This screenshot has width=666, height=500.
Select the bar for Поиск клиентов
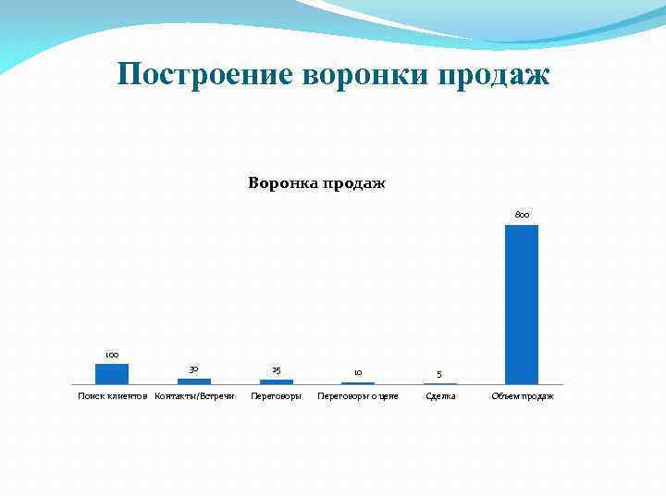(112, 374)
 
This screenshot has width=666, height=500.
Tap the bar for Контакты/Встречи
(194, 381)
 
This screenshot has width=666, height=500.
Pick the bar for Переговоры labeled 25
(276, 381)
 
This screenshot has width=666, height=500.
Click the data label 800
(522, 215)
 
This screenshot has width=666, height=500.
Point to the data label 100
(112, 355)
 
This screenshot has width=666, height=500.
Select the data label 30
(194, 369)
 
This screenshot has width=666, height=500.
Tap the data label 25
(276, 370)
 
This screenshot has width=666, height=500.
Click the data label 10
(358, 373)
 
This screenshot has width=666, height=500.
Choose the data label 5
(439, 375)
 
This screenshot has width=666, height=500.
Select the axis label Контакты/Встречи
(194, 396)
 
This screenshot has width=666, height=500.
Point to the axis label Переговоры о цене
(358, 396)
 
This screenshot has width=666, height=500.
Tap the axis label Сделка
(440, 396)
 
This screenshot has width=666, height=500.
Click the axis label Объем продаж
(523, 396)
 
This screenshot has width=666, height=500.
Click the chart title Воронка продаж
(316, 182)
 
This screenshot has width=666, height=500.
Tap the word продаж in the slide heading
(498, 74)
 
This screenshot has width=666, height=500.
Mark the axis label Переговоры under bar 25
(276, 396)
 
